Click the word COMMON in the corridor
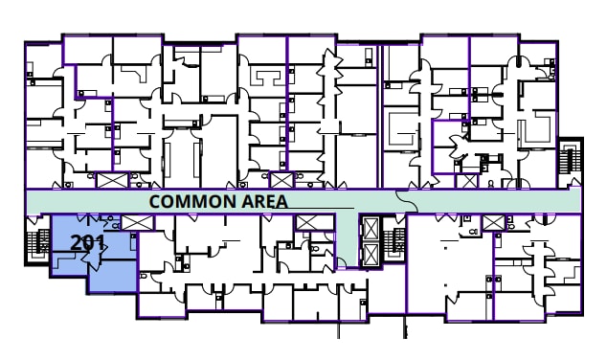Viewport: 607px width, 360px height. [x=188, y=202]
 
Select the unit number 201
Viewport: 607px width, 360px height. [x=87, y=242]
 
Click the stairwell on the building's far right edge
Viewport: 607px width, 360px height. [x=571, y=159]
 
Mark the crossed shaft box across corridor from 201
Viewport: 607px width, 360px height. [x=113, y=179]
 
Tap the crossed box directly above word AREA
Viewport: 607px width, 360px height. [x=281, y=179]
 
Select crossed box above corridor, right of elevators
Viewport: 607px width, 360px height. [x=467, y=179]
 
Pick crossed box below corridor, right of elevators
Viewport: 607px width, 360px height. [x=493, y=223]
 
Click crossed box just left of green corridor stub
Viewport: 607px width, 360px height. [x=308, y=223]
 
